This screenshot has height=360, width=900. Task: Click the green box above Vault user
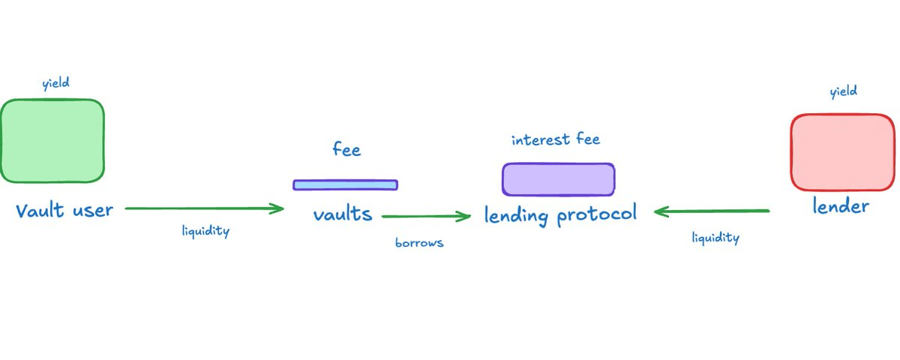click(x=52, y=141)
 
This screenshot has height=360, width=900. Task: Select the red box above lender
click(x=842, y=152)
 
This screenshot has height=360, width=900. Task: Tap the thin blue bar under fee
click(x=345, y=184)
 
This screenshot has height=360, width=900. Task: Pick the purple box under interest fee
click(x=558, y=179)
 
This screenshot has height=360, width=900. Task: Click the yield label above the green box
click(x=56, y=83)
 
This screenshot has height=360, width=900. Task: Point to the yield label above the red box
click(x=843, y=92)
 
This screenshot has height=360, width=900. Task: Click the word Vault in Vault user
click(x=41, y=210)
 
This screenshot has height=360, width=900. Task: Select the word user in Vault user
click(x=92, y=210)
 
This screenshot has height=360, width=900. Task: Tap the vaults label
click(x=343, y=214)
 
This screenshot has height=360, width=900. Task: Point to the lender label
click(x=841, y=205)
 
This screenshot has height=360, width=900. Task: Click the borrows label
click(x=419, y=243)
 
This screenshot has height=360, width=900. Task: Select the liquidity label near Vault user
click(x=205, y=231)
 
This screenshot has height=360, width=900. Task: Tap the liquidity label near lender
click(x=715, y=238)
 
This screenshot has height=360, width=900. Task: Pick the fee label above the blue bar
click(x=346, y=150)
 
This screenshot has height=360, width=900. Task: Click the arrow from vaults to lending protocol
click(x=426, y=217)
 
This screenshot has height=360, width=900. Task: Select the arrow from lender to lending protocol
click(x=712, y=212)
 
